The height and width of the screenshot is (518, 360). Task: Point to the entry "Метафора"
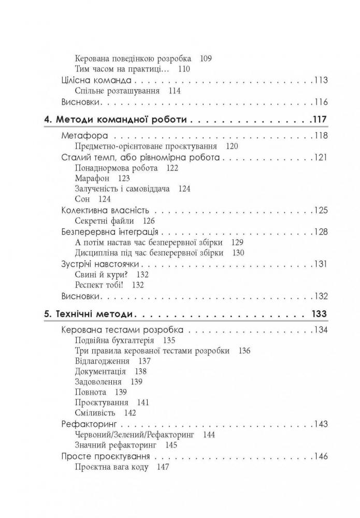click(x=84, y=136)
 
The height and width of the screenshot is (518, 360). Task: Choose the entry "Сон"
click(x=82, y=199)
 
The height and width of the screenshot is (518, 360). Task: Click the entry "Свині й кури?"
click(x=97, y=275)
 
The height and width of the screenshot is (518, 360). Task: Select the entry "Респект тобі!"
click(x=97, y=285)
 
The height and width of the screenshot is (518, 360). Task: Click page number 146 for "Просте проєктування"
click(x=321, y=457)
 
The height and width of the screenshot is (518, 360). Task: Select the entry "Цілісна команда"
click(x=95, y=80)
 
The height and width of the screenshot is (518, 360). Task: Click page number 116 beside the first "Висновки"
click(x=321, y=102)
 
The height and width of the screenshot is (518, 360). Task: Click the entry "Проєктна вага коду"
click(x=112, y=467)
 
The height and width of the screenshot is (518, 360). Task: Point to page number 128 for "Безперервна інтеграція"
click(x=321, y=232)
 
